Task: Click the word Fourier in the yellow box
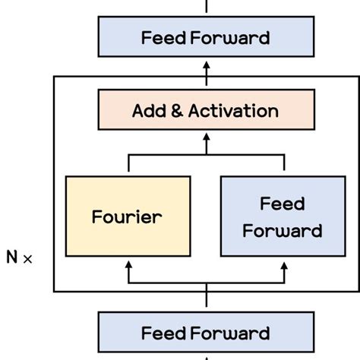(127, 216)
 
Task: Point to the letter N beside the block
(12, 257)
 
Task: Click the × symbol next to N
(29, 258)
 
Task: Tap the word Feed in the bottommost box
(163, 333)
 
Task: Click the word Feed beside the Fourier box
(282, 204)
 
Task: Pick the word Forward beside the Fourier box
(282, 230)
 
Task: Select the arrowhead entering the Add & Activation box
(206, 138)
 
